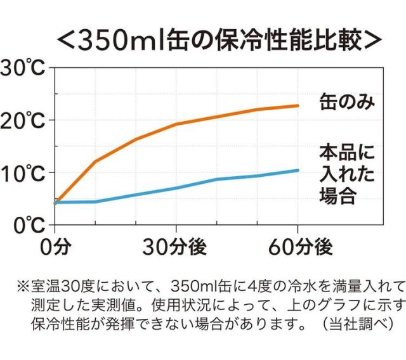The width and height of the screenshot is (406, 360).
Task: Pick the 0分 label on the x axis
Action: pos(55,247)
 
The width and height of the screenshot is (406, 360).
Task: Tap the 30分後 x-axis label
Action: pos(176,247)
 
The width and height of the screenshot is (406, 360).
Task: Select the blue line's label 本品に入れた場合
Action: pos(346,173)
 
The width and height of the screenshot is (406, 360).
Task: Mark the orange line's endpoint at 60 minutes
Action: pos(298,105)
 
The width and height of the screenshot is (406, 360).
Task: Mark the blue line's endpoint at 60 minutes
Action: pos(298,170)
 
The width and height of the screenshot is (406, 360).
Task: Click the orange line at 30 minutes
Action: pos(176,124)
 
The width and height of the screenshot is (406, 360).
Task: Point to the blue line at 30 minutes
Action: pos(176,188)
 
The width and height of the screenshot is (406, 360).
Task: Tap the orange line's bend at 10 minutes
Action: pos(95,161)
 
